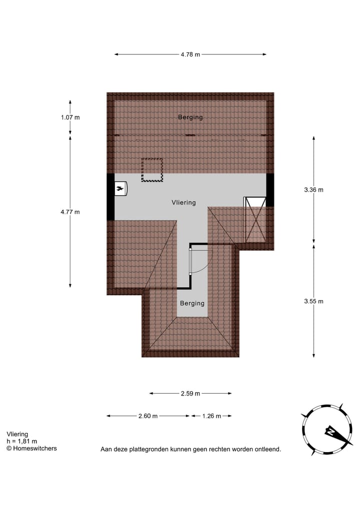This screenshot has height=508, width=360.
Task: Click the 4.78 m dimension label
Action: pyautogui.click(x=190, y=54)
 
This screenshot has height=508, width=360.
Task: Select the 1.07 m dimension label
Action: pyautogui.click(x=70, y=117)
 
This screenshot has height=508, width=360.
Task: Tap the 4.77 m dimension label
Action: pyautogui.click(x=70, y=212)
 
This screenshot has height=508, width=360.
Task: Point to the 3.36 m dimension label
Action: pyautogui.click(x=313, y=189)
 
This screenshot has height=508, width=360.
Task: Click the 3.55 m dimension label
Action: pyautogui.click(x=313, y=301)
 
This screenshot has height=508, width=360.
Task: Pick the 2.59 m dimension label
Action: pyautogui.click(x=190, y=394)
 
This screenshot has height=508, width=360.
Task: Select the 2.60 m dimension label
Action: pyautogui.click(x=148, y=416)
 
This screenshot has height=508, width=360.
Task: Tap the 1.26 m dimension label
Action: pyautogui.click(x=211, y=416)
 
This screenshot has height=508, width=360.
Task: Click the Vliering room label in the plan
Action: pyautogui.click(x=183, y=202)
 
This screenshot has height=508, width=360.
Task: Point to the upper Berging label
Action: pyautogui.click(x=190, y=117)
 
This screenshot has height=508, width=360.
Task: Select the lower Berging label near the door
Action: pyautogui.click(x=192, y=303)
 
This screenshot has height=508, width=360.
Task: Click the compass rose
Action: pyautogui.click(x=323, y=430)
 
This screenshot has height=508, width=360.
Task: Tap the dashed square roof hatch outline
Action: pyautogui.click(x=152, y=170)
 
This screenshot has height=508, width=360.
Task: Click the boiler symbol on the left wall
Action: pyautogui.click(x=120, y=188)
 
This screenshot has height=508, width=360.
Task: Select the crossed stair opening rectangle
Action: pyautogui.click(x=254, y=219)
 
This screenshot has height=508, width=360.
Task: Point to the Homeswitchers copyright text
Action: pyautogui.click(x=31, y=449)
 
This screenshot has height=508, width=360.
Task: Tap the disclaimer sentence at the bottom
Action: pyautogui.click(x=190, y=450)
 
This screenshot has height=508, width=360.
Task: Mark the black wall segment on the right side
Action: pyautogui.click(x=270, y=189)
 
